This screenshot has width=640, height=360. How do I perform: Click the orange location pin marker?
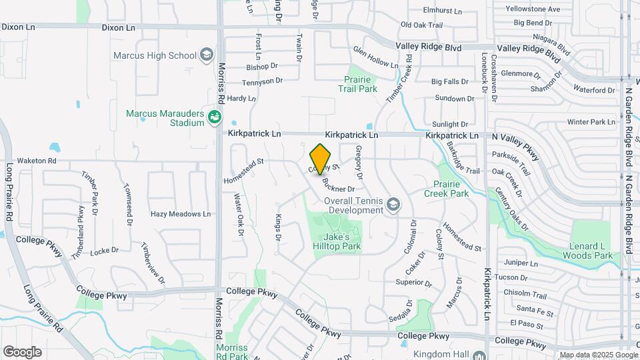coord(321,158)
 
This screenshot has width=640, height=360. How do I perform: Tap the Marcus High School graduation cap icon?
coord(207,55)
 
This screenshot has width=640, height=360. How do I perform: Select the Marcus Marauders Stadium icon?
coord(215,118)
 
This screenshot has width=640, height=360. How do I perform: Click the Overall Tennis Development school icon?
coord(393,205)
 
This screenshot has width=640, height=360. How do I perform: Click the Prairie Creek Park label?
coord(446,189)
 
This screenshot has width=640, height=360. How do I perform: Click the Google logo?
coord(22,351)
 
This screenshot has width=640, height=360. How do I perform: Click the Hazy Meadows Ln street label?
coord(180,214)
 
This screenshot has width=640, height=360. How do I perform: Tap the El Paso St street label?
coord(524,323)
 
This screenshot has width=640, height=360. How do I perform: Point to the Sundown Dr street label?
coord(454,99)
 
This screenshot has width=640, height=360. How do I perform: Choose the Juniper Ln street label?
coord(521,263)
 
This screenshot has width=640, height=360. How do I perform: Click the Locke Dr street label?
coord(104,251)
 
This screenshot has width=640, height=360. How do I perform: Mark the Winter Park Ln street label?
coord(591,122)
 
